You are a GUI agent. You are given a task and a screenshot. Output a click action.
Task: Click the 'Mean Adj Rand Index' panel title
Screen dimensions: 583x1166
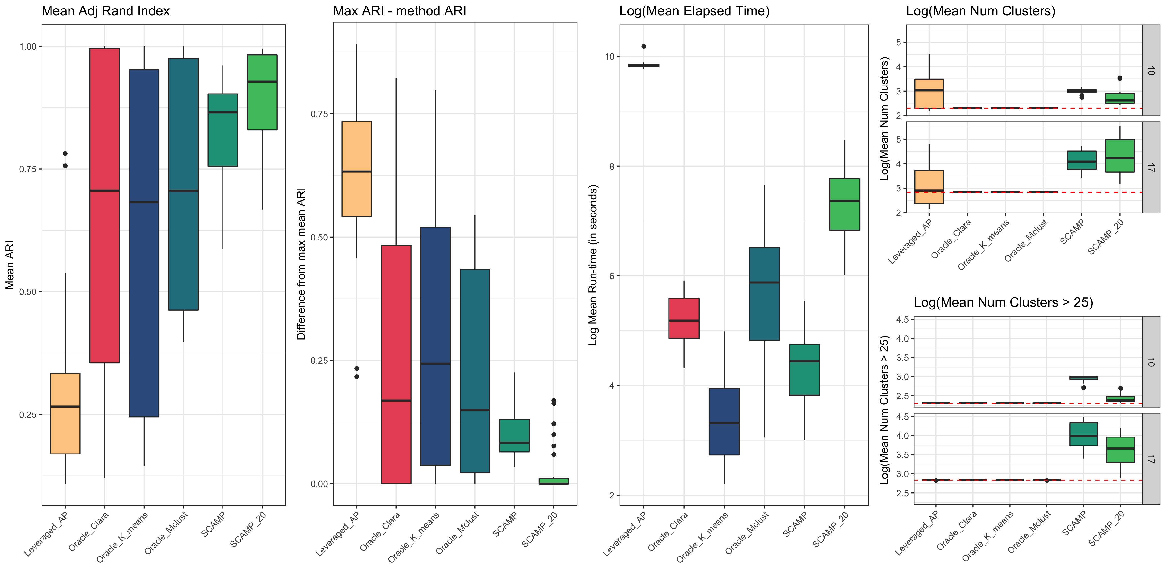click(105, 11)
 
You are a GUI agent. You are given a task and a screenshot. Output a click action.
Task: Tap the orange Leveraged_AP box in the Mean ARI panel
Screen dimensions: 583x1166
click(65, 413)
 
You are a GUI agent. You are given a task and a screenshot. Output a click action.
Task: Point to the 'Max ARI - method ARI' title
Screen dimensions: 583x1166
click(399, 11)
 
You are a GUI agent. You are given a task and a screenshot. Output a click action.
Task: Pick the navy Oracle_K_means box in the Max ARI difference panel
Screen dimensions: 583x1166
click(436, 346)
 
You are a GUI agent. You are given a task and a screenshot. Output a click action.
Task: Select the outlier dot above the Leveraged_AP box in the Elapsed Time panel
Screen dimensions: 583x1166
click(644, 46)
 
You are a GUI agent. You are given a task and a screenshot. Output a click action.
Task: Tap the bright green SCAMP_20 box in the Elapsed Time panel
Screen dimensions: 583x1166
click(845, 204)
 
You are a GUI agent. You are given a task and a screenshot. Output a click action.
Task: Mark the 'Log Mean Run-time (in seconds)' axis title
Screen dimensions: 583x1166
click(593, 265)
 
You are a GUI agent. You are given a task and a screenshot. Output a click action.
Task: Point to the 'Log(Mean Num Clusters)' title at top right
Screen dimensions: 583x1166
click(980, 11)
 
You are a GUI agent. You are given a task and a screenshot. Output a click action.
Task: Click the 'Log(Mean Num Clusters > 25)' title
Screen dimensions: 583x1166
click(1003, 302)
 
